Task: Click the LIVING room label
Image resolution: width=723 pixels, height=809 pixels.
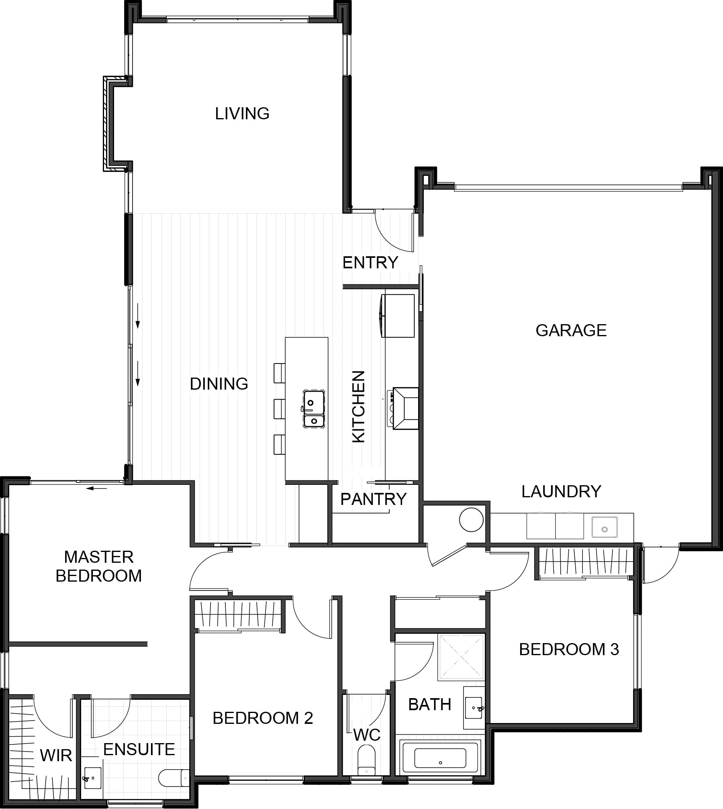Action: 242,114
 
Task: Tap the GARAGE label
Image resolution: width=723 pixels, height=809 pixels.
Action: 571,330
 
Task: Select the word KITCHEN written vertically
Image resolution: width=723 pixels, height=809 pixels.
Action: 358,407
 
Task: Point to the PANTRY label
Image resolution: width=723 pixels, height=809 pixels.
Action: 373,499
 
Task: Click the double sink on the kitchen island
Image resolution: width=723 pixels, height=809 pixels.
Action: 314,409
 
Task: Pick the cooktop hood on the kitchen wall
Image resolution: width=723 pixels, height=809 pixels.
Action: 405,408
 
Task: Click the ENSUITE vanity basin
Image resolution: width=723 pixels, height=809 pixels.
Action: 93,777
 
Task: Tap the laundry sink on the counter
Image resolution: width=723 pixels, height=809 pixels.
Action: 604,526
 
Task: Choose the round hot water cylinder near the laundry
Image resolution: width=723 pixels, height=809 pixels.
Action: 471,519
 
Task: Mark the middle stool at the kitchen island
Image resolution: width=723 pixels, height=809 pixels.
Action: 279,409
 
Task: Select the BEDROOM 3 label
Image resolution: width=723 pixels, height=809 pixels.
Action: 569,650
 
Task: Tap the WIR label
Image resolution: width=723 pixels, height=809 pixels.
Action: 56,756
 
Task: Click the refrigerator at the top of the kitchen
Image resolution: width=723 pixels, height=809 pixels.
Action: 398,315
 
